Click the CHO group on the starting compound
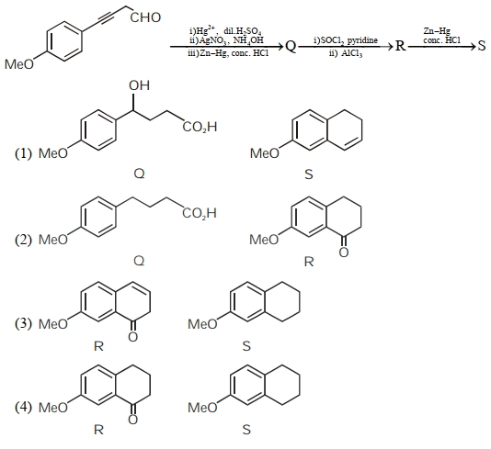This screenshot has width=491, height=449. pyautogui.click(x=145, y=17)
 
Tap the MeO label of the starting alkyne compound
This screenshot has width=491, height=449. pyautogui.click(x=19, y=64)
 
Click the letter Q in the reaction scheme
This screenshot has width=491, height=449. pyautogui.click(x=291, y=47)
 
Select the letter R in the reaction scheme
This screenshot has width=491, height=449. pyautogui.click(x=400, y=46)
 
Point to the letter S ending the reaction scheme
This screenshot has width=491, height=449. pyautogui.click(x=482, y=46)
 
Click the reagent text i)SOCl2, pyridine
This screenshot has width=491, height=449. pyautogui.click(x=346, y=40)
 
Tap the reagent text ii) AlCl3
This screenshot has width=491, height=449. pyautogui.click(x=346, y=53)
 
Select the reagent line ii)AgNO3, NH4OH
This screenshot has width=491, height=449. pyautogui.click(x=227, y=40)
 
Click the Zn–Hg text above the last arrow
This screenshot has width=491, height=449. pyautogui.click(x=437, y=30)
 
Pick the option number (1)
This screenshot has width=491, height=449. pyautogui.click(x=24, y=153)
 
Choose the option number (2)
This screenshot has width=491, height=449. pyautogui.click(x=24, y=240)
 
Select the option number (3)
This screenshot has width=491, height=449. pyautogui.click(x=24, y=323)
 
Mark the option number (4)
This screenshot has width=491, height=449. pyautogui.click(x=24, y=407)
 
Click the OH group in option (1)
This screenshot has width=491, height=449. pyautogui.click(x=139, y=85)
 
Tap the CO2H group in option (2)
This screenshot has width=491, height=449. pyautogui.click(x=200, y=214)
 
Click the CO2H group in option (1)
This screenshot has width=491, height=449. pyautogui.click(x=200, y=128)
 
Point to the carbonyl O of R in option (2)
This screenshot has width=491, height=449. pyautogui.click(x=344, y=252)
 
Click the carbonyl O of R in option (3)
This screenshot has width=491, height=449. pyautogui.click(x=132, y=337)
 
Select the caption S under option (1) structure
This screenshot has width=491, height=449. pyautogui.click(x=309, y=174)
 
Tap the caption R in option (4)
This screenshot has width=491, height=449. pyautogui.click(x=98, y=430)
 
